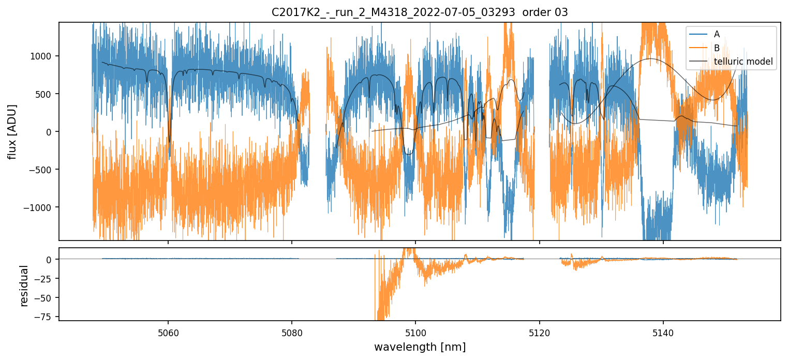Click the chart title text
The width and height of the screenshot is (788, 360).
[x=420, y=12]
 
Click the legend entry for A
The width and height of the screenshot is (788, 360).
[x=717, y=35]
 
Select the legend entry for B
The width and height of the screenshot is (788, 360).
[x=717, y=48]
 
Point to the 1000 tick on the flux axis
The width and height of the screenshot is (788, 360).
[x=44, y=56]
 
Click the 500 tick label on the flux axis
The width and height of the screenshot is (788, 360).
[x=47, y=94]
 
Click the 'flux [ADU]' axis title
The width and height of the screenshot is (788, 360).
[x=12, y=131]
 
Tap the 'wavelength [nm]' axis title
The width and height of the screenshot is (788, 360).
[x=420, y=347]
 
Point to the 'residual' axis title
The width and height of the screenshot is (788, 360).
[x=24, y=286]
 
